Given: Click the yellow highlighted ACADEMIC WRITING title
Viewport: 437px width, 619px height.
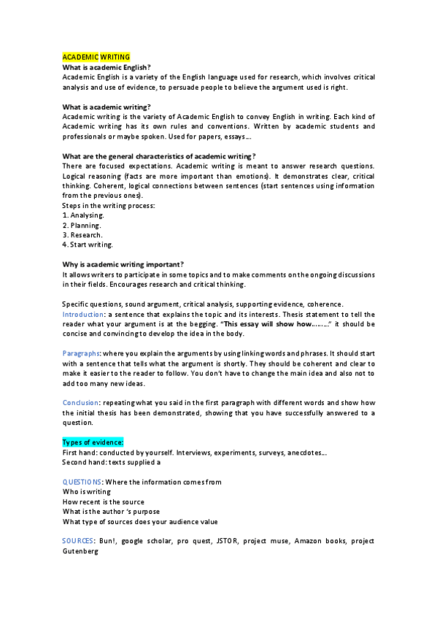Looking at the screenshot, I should [x=96, y=57].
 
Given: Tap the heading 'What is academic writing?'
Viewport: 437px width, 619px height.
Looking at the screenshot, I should [x=107, y=107].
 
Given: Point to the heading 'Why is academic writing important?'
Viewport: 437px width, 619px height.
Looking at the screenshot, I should [x=123, y=264].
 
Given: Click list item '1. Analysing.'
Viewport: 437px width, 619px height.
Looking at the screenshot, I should [x=84, y=215].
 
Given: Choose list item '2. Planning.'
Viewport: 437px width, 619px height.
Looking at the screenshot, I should [x=82, y=226].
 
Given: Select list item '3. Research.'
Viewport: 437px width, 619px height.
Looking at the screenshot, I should [x=82, y=235].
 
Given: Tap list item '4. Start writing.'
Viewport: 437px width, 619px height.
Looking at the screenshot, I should [x=88, y=245].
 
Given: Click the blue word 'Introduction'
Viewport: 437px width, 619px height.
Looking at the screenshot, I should [x=85, y=314].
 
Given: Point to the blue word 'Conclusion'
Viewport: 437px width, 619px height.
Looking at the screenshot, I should [x=81, y=402].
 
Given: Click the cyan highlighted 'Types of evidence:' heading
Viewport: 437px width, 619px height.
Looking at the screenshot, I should [x=93, y=443].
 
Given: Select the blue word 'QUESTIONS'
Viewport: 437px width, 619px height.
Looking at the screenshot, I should [x=82, y=482].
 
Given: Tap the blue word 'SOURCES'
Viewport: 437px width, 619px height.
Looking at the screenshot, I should [x=78, y=541].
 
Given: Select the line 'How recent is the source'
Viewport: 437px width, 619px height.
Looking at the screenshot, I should [x=103, y=501].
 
